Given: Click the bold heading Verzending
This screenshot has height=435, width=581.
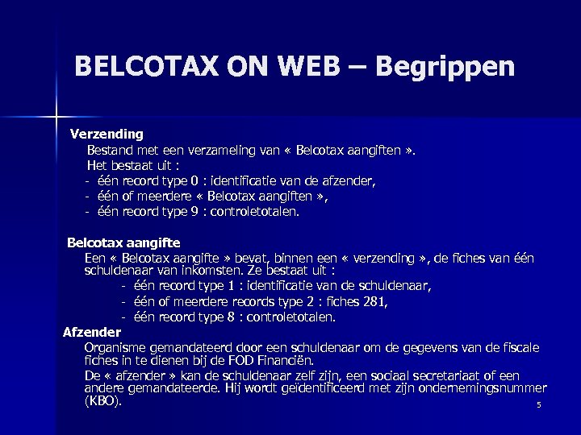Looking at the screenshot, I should (107, 133).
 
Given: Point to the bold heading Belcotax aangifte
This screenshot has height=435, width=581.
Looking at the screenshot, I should (123, 242).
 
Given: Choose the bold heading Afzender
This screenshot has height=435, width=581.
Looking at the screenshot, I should (92, 332).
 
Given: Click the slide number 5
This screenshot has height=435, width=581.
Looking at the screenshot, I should (538, 404).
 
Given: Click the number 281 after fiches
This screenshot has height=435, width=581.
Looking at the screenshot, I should (376, 302).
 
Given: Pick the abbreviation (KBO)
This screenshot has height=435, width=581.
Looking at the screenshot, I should (102, 400).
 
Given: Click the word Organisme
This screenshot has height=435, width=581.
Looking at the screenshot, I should (113, 347).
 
